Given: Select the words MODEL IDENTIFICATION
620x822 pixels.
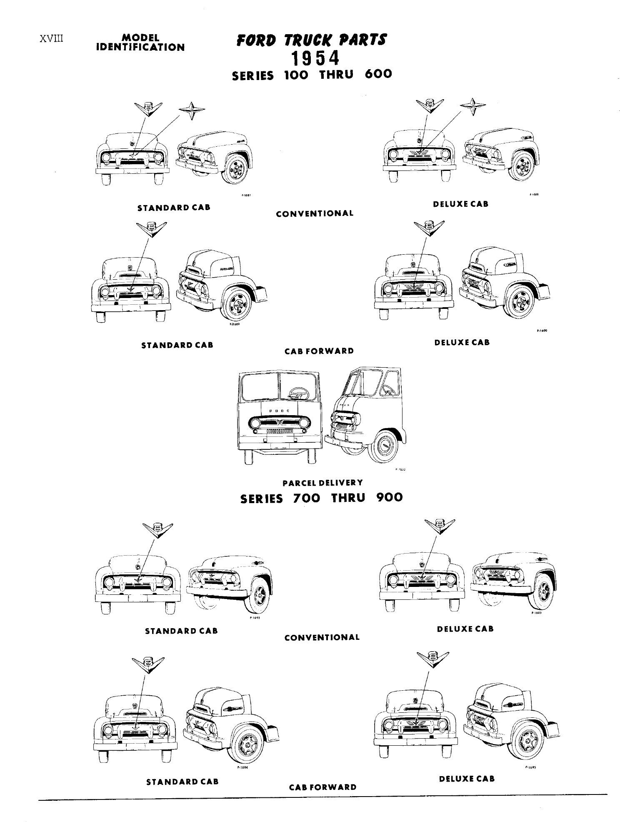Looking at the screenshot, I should click(140, 43).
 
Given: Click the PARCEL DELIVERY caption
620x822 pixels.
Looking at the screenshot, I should click(322, 483).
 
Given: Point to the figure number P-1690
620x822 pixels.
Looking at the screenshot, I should click(541, 331).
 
